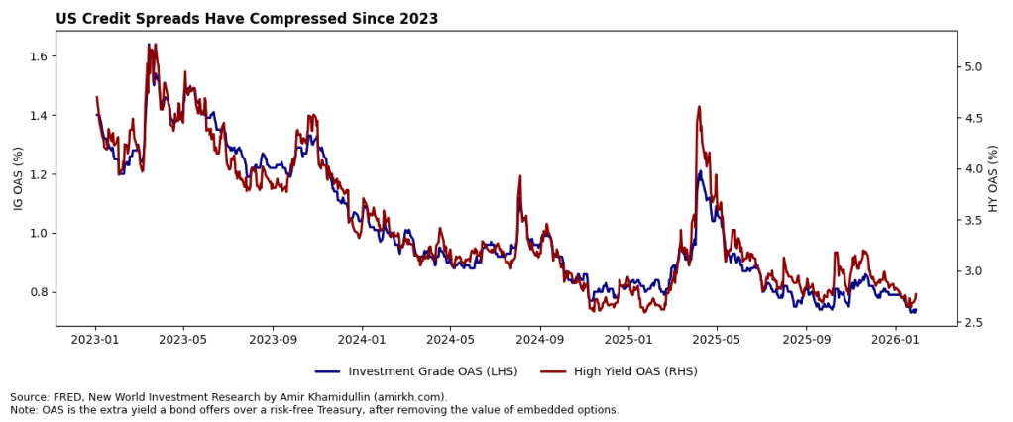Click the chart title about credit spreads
pos(247,19)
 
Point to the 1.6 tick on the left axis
pos(37,56)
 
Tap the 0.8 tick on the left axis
pos(37,292)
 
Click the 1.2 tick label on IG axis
pos(37,174)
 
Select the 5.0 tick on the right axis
pos(976,67)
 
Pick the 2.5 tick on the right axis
pos(976,322)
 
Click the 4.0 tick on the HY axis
pos(976,169)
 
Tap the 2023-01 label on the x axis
pos(96,340)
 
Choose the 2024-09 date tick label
pos(540,340)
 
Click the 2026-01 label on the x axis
pos(895,340)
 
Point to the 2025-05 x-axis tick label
pos(717,340)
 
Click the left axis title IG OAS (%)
pos(17,177)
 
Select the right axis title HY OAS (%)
pos(994,177)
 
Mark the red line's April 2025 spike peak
pos(699,106)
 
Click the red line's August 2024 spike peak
pos(519,176)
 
